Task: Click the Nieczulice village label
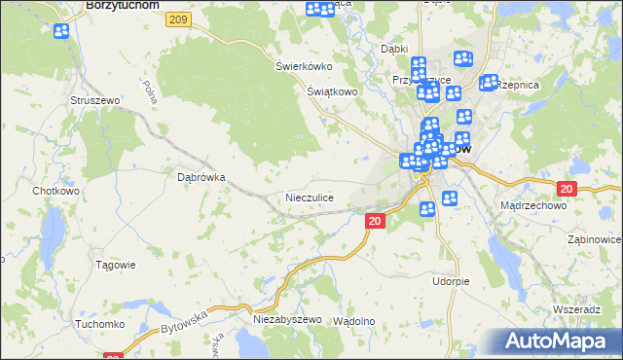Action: (310, 198)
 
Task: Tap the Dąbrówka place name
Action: (202, 178)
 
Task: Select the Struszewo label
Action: (93, 100)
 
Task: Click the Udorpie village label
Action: (451, 281)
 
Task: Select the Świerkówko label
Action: (304, 66)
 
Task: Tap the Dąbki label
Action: (394, 48)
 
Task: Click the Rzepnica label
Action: (518, 86)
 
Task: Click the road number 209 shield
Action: (177, 19)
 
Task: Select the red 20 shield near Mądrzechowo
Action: (568, 189)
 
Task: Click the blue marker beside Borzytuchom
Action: (60, 30)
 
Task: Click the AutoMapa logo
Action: (559, 342)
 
